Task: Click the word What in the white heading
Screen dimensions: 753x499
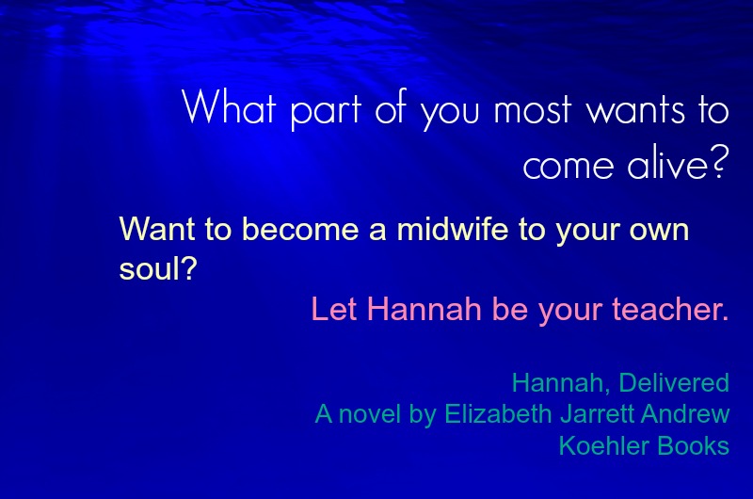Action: coord(229,107)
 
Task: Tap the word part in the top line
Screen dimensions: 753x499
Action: coord(326,111)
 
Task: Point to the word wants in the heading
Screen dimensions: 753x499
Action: coord(635,110)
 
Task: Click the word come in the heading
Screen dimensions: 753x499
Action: coord(569,166)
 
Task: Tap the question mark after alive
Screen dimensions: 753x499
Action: coord(721,162)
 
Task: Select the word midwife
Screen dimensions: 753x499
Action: coord(453,229)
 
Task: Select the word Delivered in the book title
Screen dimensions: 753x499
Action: coord(674,383)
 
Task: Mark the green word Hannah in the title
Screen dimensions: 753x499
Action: coord(557,383)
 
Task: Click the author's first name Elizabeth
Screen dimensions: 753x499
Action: coord(498,414)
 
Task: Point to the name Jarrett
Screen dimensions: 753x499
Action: coord(597,414)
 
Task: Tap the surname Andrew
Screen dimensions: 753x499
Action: coord(685,414)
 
